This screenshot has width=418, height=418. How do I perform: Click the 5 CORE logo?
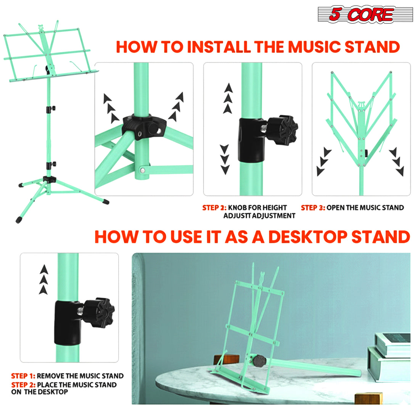(365, 14)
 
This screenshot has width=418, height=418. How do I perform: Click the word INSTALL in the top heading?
(219, 47)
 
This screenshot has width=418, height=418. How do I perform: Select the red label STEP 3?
(313, 208)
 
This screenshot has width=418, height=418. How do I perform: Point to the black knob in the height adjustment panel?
(282, 130)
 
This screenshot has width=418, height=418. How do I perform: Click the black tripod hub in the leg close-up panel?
(144, 127)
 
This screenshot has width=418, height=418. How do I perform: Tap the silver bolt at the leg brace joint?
(142, 170)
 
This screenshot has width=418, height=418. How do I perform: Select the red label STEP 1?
(23, 376)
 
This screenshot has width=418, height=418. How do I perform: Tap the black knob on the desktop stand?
(259, 361)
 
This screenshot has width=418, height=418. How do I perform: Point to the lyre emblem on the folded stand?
(361, 105)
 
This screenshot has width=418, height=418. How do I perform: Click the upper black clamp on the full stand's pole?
(51, 109)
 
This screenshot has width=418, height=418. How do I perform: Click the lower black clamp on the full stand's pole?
(51, 165)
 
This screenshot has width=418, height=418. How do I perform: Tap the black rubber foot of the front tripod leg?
(19, 220)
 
